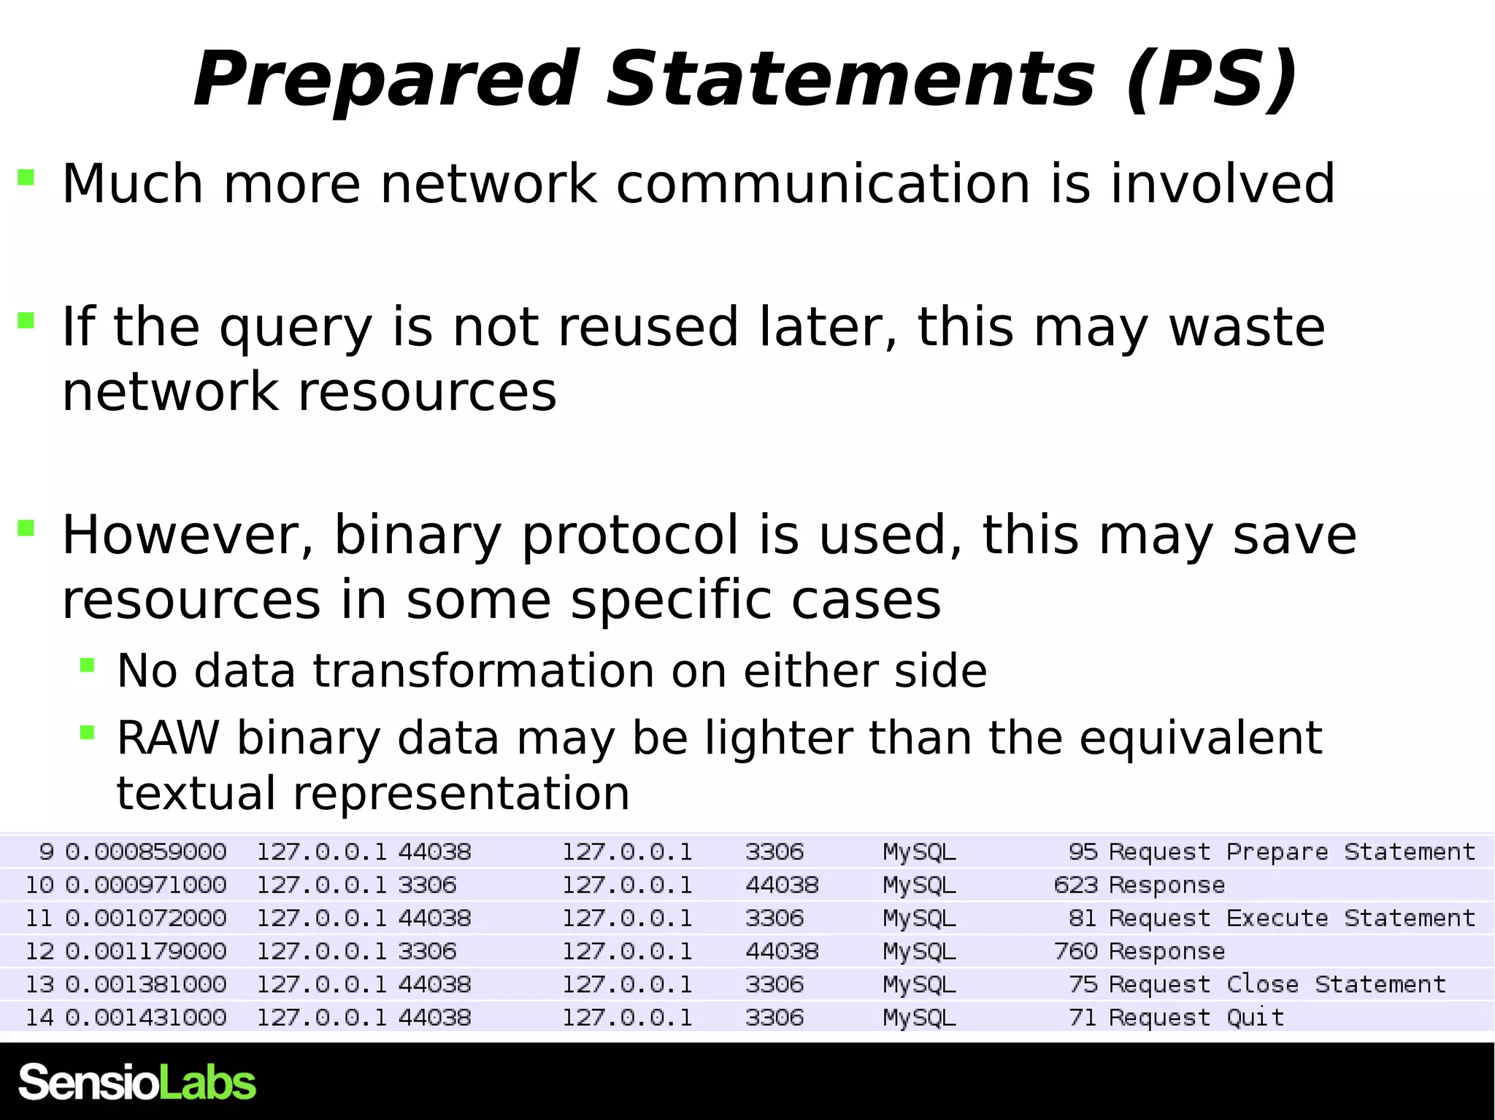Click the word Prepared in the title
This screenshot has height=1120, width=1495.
click(x=386, y=79)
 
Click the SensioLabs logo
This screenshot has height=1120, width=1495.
click(x=137, y=1082)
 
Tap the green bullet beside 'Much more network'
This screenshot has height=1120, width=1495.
click(x=26, y=177)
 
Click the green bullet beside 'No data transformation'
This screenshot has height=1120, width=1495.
click(x=88, y=665)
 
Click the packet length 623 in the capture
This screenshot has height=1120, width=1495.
click(x=1075, y=885)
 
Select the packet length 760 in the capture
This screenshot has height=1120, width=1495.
click(x=1075, y=951)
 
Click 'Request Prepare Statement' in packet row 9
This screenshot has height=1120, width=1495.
click(x=1291, y=852)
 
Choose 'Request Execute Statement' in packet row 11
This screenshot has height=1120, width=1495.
click(x=1291, y=918)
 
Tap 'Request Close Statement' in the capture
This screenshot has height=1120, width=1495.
click(x=1277, y=984)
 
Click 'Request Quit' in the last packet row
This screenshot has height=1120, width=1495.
click(x=1196, y=1017)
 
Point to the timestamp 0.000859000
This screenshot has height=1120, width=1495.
click(x=146, y=852)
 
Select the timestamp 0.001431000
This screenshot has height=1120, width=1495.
click(x=146, y=1017)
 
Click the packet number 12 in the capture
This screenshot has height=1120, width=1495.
click(x=39, y=951)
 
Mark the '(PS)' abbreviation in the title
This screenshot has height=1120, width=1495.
click(x=1212, y=79)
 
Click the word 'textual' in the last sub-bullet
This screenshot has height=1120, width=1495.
click(x=196, y=793)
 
